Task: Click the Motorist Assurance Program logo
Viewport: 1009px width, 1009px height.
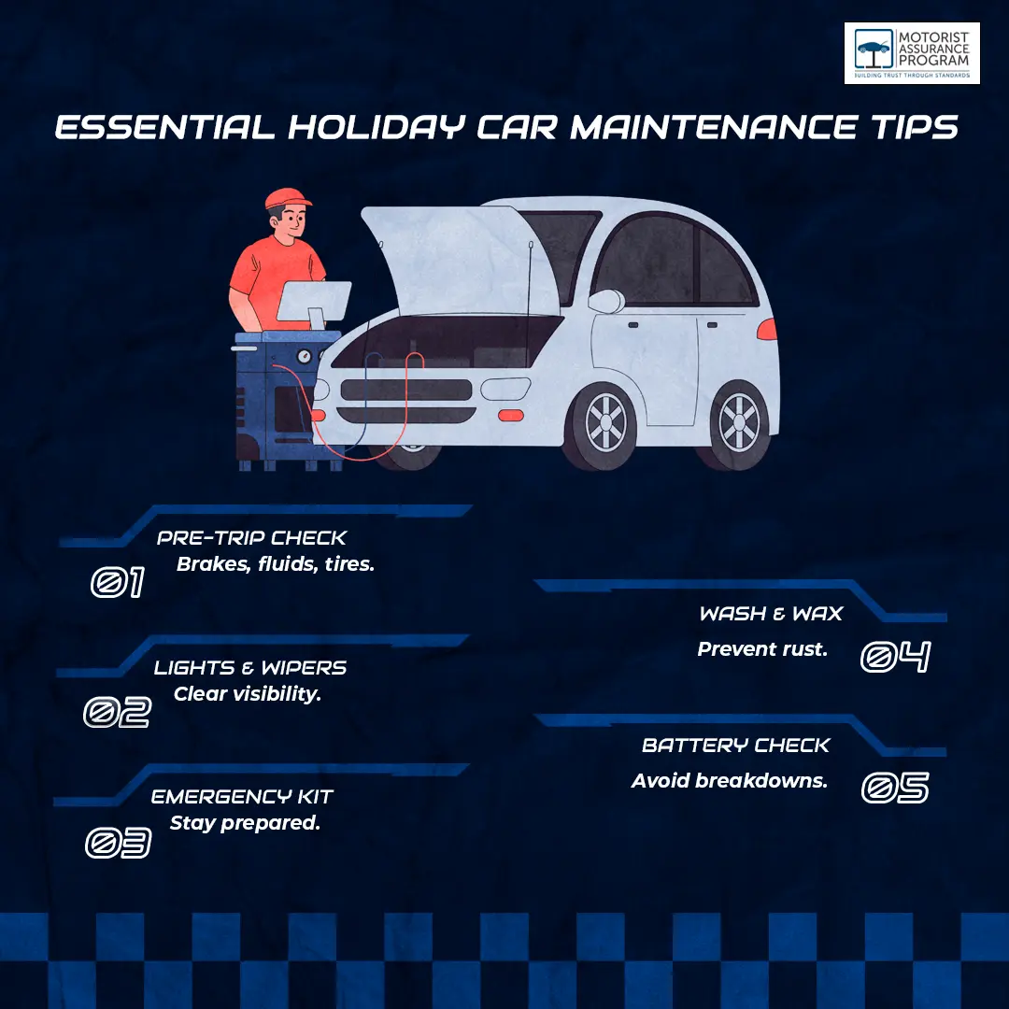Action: click(x=912, y=52)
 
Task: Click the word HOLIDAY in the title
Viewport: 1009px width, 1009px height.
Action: click(x=376, y=127)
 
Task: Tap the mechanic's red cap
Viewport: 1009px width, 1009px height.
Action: click(x=288, y=198)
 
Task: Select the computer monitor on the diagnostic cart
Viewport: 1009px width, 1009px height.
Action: click(x=315, y=303)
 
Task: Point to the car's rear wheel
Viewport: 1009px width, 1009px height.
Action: click(x=738, y=425)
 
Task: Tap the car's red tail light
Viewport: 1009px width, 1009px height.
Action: click(x=767, y=329)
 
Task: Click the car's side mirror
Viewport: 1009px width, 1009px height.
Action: click(x=607, y=301)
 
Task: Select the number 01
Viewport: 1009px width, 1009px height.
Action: click(x=117, y=582)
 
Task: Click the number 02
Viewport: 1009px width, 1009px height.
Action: click(x=117, y=712)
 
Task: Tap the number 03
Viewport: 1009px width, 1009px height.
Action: click(x=119, y=843)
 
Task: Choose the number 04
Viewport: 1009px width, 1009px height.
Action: click(x=896, y=657)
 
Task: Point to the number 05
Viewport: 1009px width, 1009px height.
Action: click(x=895, y=789)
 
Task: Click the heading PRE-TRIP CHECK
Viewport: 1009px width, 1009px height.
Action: click(x=251, y=538)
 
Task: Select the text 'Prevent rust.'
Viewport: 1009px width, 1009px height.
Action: click(x=762, y=649)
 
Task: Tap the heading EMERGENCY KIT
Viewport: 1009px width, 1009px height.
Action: click(x=242, y=797)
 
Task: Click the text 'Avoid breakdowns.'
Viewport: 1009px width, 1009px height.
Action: click(x=729, y=780)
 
